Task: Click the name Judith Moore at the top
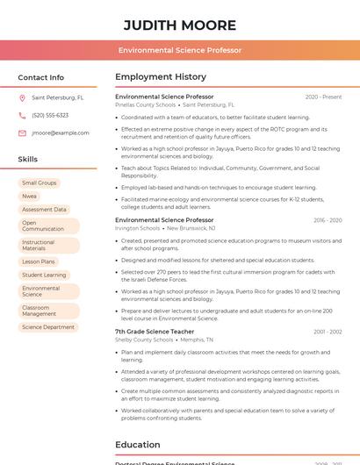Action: (180, 25)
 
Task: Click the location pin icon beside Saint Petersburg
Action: (22, 98)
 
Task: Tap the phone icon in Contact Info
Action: (22, 115)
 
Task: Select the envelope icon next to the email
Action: (22, 132)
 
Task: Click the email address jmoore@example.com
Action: (61, 132)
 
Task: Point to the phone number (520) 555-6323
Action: (50, 115)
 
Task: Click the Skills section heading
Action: (28, 160)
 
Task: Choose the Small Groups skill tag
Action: (40, 182)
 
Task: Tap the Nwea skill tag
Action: (30, 196)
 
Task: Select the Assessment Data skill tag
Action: (44, 210)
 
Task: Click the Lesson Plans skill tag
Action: (39, 261)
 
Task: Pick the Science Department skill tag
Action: (48, 327)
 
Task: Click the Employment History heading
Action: (161, 77)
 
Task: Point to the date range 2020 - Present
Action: (323, 97)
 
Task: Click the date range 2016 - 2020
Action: (327, 220)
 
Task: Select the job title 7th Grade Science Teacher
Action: (155, 332)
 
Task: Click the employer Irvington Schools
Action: (138, 228)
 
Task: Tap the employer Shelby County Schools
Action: (145, 340)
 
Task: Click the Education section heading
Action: (138, 445)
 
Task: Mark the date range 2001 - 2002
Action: (327, 332)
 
